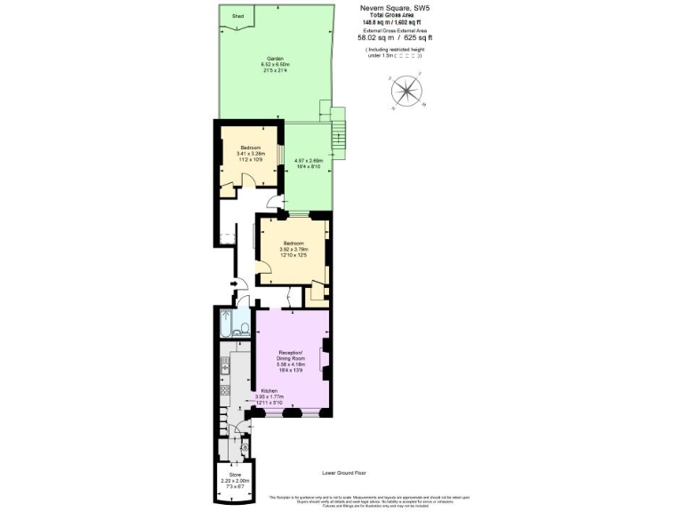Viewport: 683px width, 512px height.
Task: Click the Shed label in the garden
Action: point(237,16)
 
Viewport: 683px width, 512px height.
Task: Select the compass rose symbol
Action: point(408,92)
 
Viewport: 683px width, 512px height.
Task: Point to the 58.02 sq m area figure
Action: point(373,38)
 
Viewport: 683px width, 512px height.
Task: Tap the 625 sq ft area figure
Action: point(417,38)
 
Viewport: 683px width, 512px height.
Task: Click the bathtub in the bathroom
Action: point(224,324)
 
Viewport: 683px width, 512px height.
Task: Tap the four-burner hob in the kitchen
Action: point(223,390)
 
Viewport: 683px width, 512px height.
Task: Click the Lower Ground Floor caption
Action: point(342,475)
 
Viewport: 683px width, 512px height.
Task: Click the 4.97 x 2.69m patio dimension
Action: point(308,161)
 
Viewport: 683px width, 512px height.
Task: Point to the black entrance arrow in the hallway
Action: point(233,284)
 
